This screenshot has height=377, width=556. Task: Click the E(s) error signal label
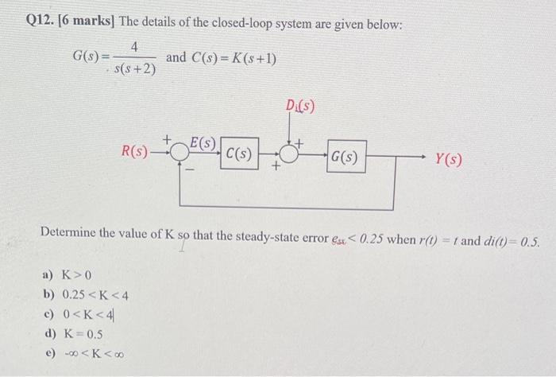tap(203, 144)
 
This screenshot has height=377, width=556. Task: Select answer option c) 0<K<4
tap(79, 315)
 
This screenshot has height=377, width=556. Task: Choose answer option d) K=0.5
tap(74, 333)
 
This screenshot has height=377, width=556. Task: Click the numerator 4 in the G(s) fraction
tap(135, 49)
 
